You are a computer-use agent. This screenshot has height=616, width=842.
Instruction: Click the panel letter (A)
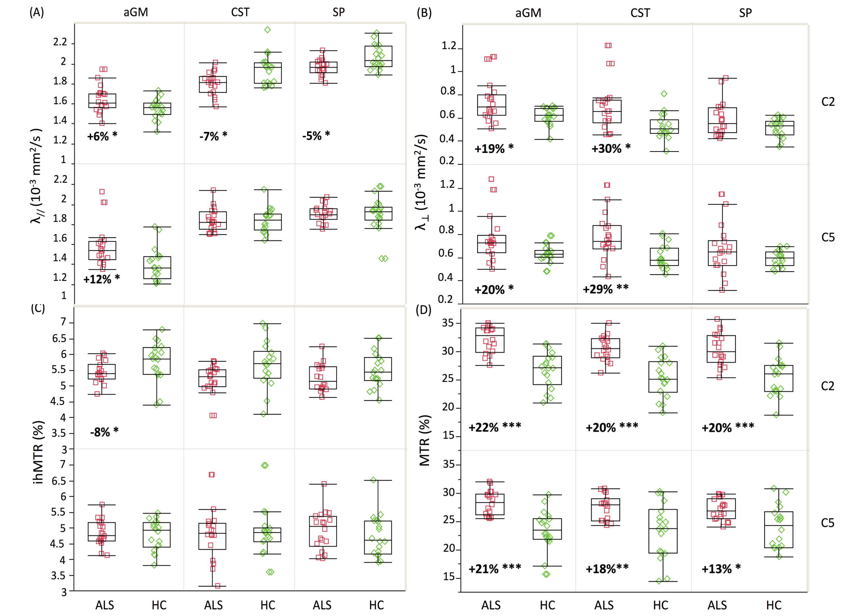pos(37,12)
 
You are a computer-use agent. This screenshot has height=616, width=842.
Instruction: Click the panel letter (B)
pos(424,13)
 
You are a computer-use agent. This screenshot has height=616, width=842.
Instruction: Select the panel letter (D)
pos(423,310)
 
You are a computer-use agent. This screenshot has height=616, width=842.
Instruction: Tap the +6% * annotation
pos(102,136)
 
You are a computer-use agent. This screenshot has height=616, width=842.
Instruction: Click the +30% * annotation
pos(611,148)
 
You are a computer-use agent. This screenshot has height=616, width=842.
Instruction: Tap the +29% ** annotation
pos(606,289)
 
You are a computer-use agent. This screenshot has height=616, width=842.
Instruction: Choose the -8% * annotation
pos(104,432)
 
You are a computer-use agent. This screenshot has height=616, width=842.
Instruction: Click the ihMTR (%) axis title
pos(38,452)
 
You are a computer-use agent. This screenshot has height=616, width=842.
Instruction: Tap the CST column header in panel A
pos(240,12)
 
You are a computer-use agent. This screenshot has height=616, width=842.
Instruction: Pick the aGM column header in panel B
pos(528,13)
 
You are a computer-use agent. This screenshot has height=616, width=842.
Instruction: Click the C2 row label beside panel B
pos(828,101)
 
